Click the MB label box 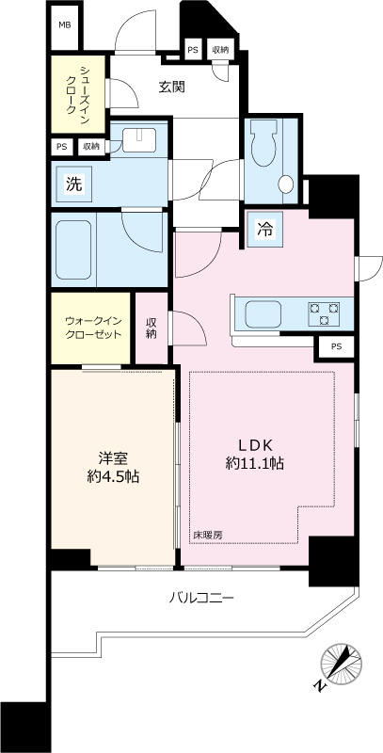pyautogui.click(x=65, y=25)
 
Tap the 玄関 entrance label pyautogui.click(x=171, y=88)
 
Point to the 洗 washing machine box pyautogui.click(x=72, y=184)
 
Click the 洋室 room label pyautogui.click(x=112, y=459)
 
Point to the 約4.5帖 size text pyautogui.click(x=112, y=478)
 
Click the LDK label pyautogui.click(x=255, y=444)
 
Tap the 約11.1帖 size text pyautogui.click(x=255, y=464)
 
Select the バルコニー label pyautogui.click(x=201, y=598)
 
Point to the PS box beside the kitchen pyautogui.click(x=336, y=347)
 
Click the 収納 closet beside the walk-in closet pyautogui.click(x=151, y=327)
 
